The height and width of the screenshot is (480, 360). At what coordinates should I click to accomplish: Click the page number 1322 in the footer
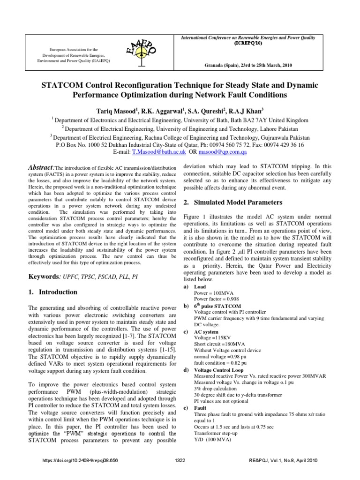point(180,460)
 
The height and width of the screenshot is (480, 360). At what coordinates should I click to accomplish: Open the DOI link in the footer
point(80,460)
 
